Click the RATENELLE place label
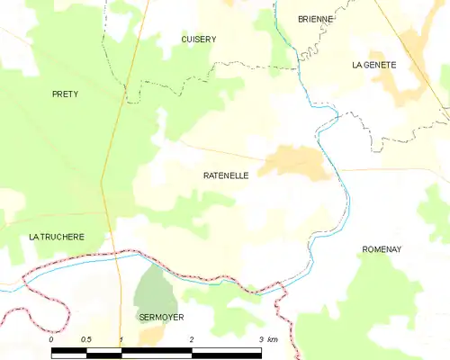pyautogui.click(x=226, y=176)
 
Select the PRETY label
pyautogui.click(x=65, y=94)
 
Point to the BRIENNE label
pyautogui.click(x=316, y=19)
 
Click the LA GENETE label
pyautogui.click(x=374, y=65)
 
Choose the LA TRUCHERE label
pyautogui.click(x=57, y=237)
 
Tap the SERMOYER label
pyautogui.click(x=161, y=318)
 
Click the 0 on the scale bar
pyautogui.click(x=51, y=339)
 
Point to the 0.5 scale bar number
pyautogui.click(x=86, y=339)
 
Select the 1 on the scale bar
pyautogui.click(x=121, y=339)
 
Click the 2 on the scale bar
pyautogui.click(x=191, y=339)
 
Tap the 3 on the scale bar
pyautogui.click(x=261, y=339)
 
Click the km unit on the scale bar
pyautogui.click(x=273, y=339)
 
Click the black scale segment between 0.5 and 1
pyautogui.click(x=103, y=352)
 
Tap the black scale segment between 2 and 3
pyautogui.click(x=226, y=352)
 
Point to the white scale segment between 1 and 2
pyautogui.click(x=156, y=352)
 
